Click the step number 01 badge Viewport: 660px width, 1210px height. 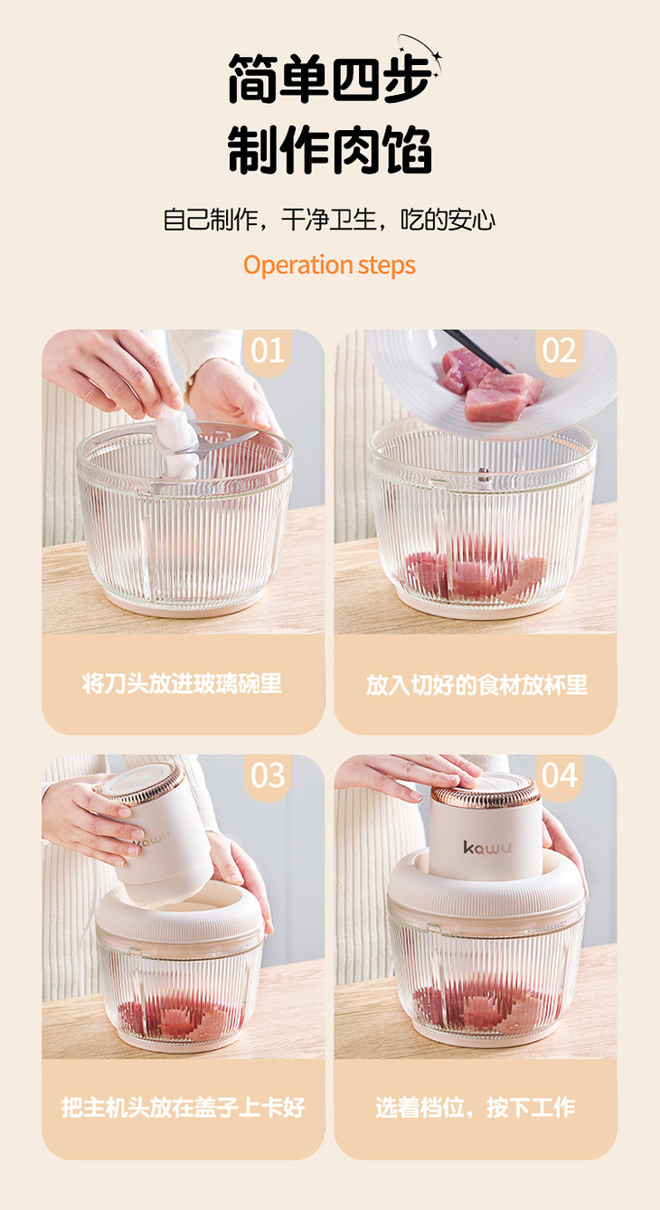268,352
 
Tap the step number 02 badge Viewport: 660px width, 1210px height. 560,352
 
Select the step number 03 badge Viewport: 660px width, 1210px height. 268,776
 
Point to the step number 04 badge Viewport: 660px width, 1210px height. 560,776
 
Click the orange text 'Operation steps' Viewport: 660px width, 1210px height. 329,266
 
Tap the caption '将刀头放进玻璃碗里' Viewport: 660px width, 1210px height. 182,684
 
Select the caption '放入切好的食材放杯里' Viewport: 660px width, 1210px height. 476,685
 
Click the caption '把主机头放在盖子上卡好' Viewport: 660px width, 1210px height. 183,1107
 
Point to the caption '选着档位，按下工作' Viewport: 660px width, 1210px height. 476,1107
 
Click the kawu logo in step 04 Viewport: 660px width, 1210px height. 486,847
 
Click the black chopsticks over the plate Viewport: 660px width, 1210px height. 478,352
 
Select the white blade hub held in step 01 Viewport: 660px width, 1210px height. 176,444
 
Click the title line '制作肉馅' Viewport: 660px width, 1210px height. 329,150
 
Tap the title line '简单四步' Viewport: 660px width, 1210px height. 329,79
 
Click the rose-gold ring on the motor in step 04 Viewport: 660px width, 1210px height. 486,794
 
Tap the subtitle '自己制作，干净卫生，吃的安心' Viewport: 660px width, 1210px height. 329,220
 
